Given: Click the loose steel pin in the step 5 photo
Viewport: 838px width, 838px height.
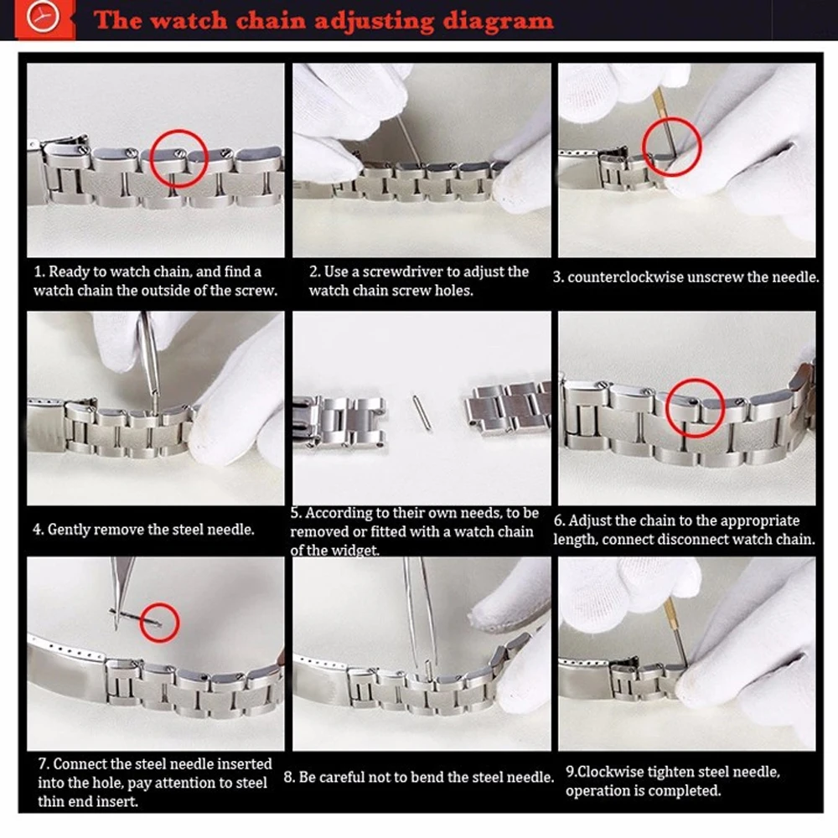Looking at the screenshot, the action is pos(422,412).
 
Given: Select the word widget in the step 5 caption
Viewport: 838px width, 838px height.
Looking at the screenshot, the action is pos(354,550).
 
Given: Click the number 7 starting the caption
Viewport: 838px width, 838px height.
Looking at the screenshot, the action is pos(42,763).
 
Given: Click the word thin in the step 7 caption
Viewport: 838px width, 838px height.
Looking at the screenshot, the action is pos(52,801).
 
